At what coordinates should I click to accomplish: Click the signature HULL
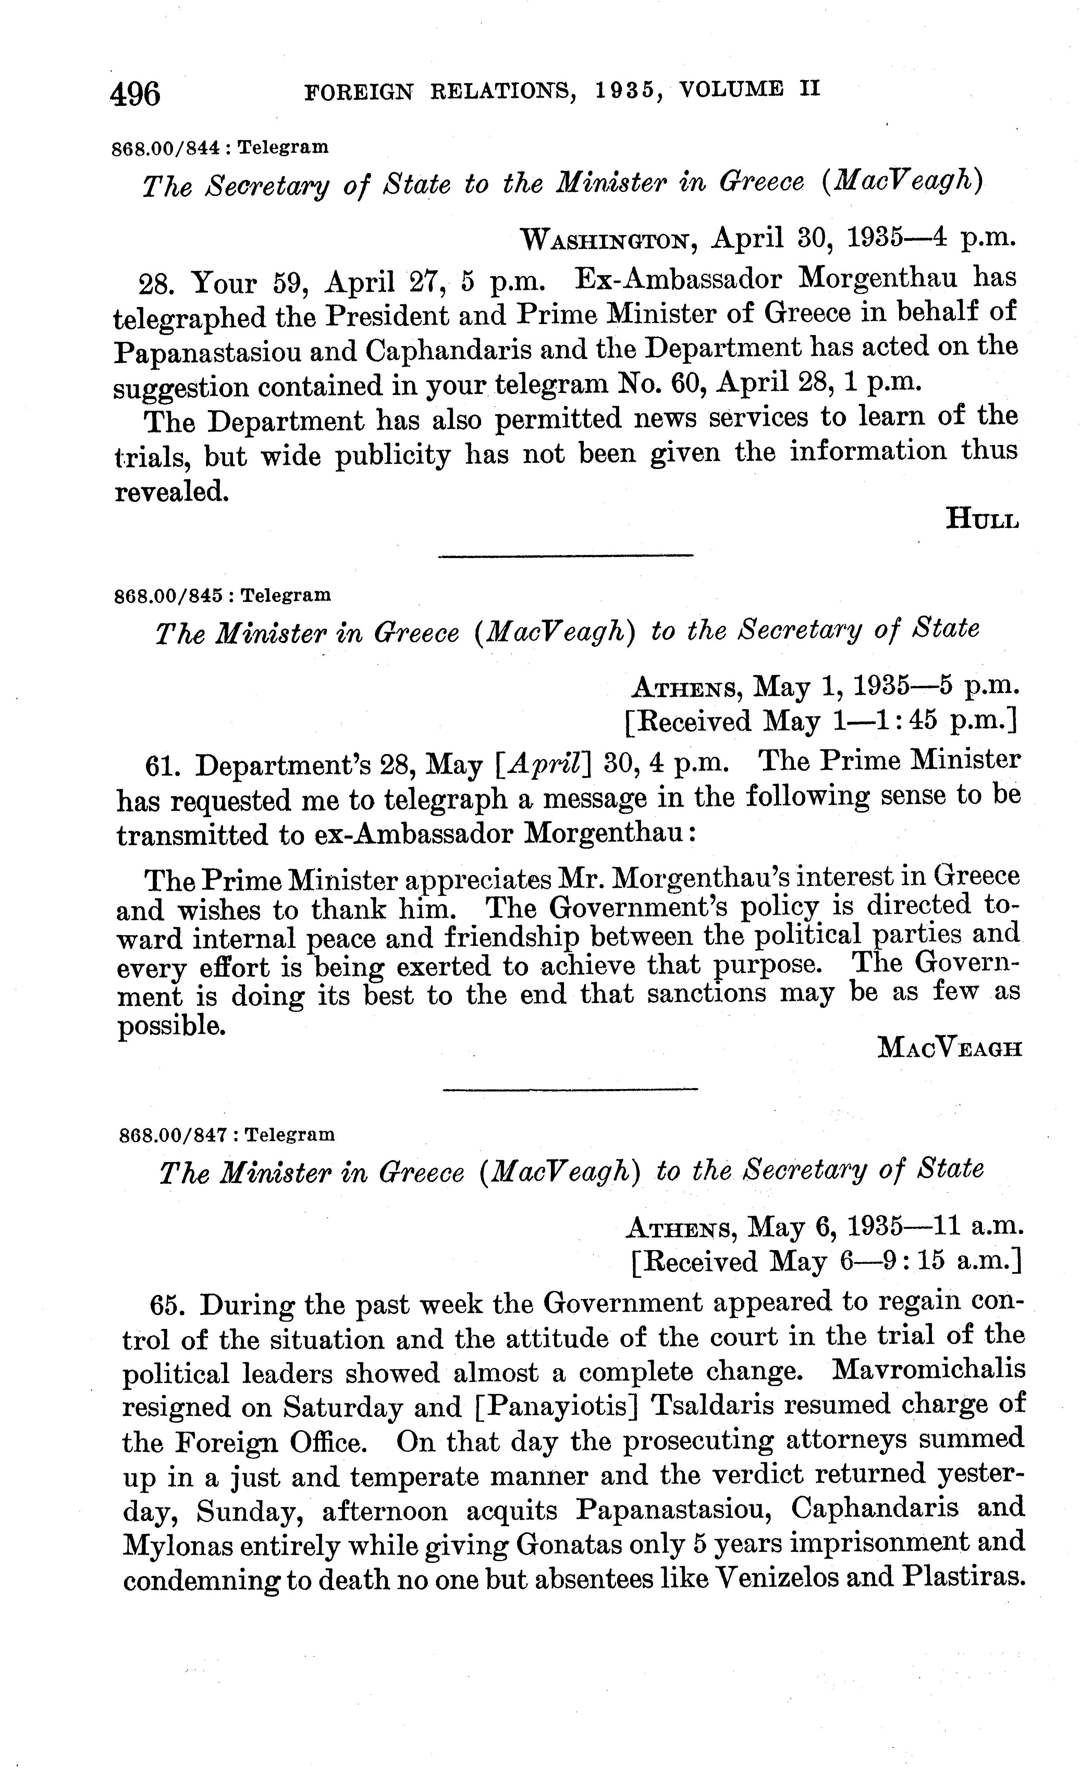pos(982,518)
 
